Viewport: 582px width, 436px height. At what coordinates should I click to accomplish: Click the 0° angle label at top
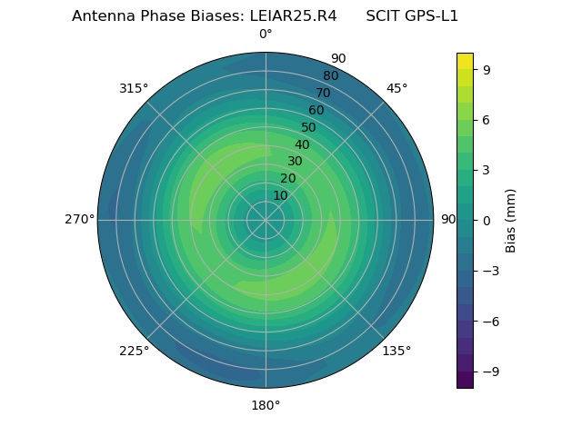pos(266,35)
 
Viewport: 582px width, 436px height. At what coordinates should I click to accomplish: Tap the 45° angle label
pos(396,88)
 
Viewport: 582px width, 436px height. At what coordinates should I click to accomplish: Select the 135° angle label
pos(396,351)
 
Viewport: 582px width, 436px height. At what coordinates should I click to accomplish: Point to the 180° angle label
pos(266,405)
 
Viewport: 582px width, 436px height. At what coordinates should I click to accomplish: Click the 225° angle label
pos(134,351)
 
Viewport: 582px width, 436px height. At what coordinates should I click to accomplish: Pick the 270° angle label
pos(79,220)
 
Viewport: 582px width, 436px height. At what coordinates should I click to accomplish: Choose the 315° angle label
pos(134,88)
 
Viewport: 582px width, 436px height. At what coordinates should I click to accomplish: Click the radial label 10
pos(280,195)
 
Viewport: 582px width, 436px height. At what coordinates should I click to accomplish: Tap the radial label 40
pos(302,144)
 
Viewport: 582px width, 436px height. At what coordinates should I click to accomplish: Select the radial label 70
pos(323,93)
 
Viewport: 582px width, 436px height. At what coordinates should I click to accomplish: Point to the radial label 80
pos(330,76)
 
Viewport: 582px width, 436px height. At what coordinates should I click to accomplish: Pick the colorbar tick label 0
pos(487,220)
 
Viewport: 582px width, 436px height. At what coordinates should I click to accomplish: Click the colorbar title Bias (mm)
pos(511,220)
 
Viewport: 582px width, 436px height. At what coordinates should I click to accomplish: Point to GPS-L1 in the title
pos(429,15)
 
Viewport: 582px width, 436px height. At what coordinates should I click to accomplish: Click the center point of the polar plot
pos(266,220)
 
